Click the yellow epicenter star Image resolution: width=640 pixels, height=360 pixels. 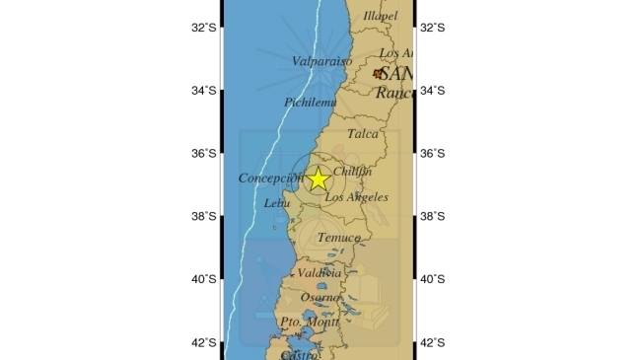(318, 179)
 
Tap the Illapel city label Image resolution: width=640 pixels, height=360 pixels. (380, 16)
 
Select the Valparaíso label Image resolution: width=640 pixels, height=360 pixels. (322, 61)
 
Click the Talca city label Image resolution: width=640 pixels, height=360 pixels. (363, 134)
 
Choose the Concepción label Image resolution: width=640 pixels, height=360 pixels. (268, 179)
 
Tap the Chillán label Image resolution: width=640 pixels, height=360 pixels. (353, 172)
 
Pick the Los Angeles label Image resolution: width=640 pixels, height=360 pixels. (356, 197)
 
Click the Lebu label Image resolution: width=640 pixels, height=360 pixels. (278, 203)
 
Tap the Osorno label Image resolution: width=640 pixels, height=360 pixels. (320, 297)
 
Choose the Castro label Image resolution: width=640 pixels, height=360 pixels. (299, 353)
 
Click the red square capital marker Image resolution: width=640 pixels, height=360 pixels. (377, 74)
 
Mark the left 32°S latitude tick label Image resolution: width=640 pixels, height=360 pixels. (204, 28)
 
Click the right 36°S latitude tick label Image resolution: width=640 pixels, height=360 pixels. (433, 154)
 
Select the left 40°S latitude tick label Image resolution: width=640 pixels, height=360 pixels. (204, 279)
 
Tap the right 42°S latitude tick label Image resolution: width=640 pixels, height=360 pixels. (433, 342)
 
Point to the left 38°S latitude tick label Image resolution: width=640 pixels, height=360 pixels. (204, 217)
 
